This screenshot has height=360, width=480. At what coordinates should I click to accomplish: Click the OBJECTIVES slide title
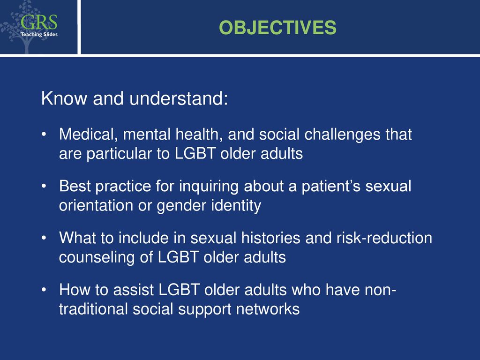click(x=277, y=28)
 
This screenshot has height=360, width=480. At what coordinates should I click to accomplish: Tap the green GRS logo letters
click(x=39, y=22)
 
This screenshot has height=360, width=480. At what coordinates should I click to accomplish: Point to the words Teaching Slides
click(x=39, y=34)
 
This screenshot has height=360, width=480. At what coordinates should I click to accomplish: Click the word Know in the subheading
click(x=64, y=98)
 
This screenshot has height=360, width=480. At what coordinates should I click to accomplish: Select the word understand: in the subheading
click(x=179, y=98)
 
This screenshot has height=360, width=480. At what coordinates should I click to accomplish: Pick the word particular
click(x=119, y=154)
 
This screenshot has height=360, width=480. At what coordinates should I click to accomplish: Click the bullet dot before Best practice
click(x=44, y=186)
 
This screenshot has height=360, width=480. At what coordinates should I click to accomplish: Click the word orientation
click(x=96, y=205)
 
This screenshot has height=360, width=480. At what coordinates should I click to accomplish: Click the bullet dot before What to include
click(x=44, y=238)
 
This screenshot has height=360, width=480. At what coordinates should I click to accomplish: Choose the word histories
click(x=270, y=238)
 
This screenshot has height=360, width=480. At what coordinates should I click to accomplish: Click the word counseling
click(x=97, y=258)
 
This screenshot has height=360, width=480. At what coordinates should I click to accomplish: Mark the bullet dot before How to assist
click(x=44, y=290)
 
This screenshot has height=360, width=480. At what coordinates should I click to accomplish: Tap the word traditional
click(x=93, y=309)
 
